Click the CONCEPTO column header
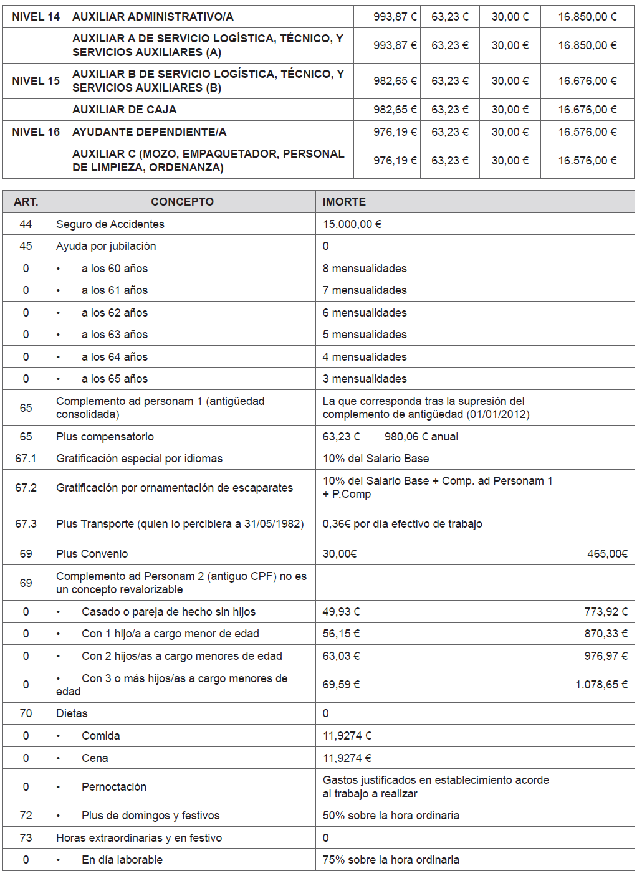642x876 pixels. coord(182,202)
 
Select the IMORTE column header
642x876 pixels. coord(344,202)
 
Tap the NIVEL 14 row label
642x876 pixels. coord(36,17)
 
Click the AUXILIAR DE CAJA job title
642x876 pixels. coord(125,110)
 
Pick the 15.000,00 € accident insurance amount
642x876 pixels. coord(352,224)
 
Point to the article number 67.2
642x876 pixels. coord(26,488)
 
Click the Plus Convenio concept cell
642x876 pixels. coord(92,554)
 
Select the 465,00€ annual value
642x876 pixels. coord(607,554)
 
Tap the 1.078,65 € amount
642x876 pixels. coord(601,685)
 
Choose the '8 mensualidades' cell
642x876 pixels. coord(365,269)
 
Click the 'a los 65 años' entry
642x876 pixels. coord(115,379)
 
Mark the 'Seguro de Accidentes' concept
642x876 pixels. coord(110,224)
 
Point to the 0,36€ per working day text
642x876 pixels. coord(402,524)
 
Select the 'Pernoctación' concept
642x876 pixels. coord(114,787)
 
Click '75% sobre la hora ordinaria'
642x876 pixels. coord(391,860)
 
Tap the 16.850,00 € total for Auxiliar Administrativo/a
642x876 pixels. coord(587,17)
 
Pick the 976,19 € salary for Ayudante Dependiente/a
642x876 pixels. coord(395,132)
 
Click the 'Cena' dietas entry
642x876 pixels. coord(95,758)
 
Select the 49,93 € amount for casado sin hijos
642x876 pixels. coord(341,612)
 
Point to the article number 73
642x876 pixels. coord(26,838)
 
